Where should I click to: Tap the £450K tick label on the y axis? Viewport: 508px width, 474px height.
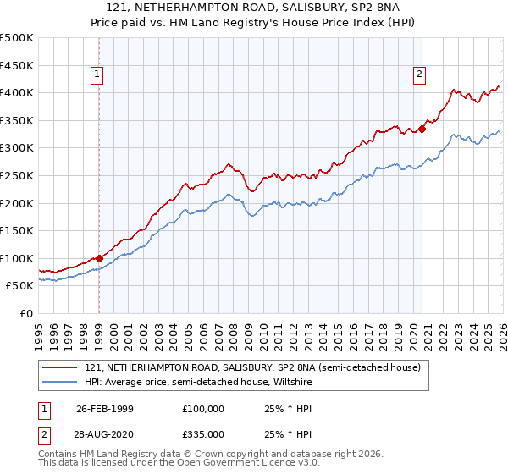17,65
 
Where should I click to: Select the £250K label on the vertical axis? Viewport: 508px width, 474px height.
17,176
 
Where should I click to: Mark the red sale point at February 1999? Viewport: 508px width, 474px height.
99,258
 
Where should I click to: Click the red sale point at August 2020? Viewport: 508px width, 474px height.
422,130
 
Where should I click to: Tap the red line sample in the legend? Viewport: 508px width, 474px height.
61,367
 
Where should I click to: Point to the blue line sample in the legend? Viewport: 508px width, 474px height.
61,381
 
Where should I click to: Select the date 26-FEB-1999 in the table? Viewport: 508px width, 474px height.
104,409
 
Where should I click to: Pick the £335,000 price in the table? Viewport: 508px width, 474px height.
203,433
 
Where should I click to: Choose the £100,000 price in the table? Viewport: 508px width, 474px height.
203,409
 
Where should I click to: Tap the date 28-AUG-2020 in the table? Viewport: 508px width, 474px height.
104,433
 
